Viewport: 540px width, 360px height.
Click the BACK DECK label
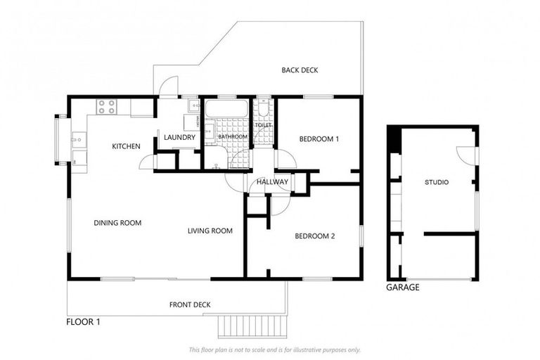pos(300,70)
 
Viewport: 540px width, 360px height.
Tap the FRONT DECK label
pos(190,304)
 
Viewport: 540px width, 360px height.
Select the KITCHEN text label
pos(127,146)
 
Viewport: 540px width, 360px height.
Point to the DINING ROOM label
pos(117,223)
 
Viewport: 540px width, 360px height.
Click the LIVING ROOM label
pos(210,231)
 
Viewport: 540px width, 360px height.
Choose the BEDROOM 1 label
pos(319,139)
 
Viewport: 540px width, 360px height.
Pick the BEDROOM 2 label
pos(314,236)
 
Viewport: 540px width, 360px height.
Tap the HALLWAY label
pos(272,182)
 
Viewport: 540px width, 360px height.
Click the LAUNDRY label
pos(179,137)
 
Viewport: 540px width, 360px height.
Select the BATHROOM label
pos(232,137)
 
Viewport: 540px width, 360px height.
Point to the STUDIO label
pos(437,183)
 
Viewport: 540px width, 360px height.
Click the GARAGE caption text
pos(403,288)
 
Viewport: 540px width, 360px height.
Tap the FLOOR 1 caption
pos(84,323)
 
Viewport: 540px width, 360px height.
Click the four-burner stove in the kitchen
pos(107,107)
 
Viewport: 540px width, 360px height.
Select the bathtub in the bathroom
pos(226,109)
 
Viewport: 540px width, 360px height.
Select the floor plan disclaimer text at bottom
pos(274,349)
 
